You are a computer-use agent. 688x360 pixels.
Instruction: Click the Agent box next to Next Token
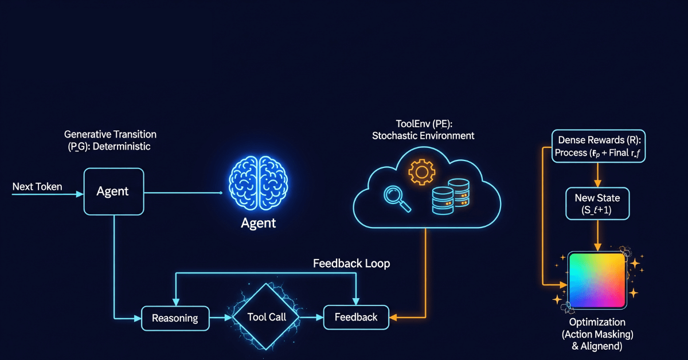coord(112,191)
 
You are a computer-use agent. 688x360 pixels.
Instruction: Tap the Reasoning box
coord(174,318)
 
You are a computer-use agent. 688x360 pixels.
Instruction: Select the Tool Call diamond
coord(267,317)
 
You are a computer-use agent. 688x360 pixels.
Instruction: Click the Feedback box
coord(355,317)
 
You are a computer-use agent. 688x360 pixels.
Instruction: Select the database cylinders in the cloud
coord(451,198)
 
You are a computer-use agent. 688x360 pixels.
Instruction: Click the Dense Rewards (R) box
coord(597,146)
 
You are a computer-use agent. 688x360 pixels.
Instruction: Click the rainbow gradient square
coord(597,280)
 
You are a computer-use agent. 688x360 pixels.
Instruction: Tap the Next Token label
coord(37,187)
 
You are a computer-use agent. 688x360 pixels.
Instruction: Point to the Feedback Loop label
coord(351,264)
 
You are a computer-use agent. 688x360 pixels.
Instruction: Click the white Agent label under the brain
coord(258,223)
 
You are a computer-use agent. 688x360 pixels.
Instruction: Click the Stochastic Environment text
coord(423,136)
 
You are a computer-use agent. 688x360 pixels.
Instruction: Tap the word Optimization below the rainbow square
coord(597,322)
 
